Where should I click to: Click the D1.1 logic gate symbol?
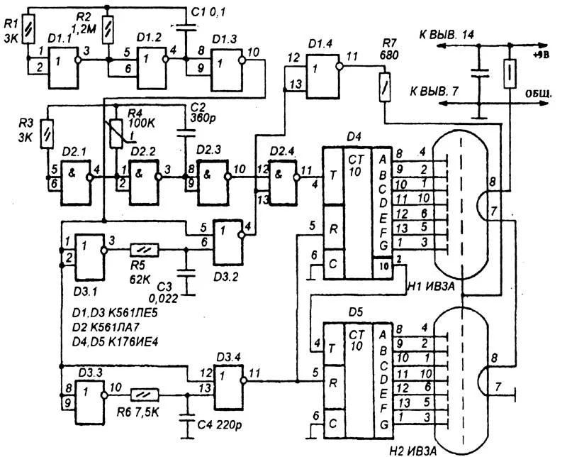(x=62, y=69)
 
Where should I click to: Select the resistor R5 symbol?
(x=145, y=250)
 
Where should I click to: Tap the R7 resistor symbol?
(x=383, y=85)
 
